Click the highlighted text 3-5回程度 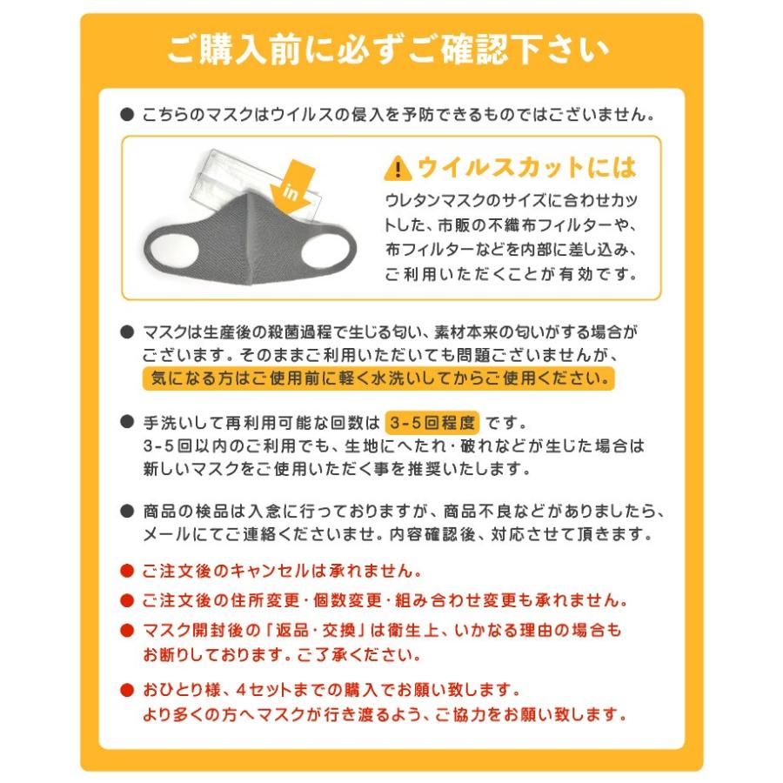coord(432,424)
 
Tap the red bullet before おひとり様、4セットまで coord(126,691)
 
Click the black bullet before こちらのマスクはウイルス coord(126,114)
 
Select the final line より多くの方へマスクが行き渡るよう coord(384,715)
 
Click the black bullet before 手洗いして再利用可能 coord(126,424)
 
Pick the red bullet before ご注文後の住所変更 coord(126,600)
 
